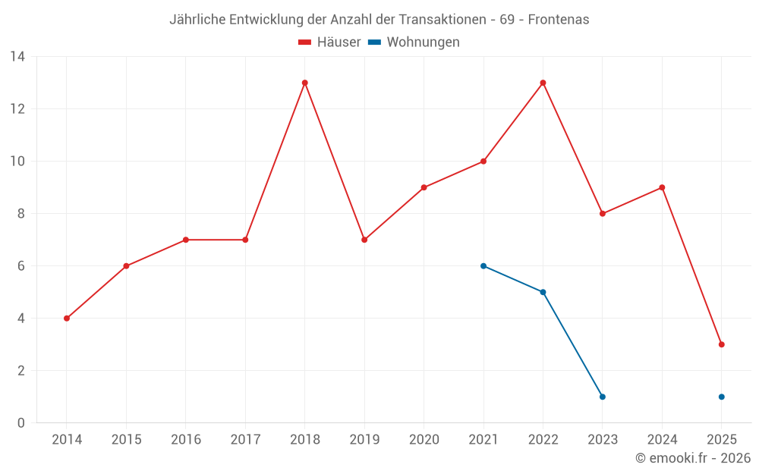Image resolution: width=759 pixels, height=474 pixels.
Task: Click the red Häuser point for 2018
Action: [304, 83]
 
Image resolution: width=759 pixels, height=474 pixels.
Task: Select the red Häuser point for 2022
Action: [543, 83]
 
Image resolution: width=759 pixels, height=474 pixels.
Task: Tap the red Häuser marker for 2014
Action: [67, 319]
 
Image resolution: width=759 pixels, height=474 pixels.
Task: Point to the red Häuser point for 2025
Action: [721, 344]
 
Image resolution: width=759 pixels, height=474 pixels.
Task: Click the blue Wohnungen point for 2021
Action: [483, 266]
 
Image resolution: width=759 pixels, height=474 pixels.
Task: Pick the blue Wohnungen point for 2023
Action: [602, 397]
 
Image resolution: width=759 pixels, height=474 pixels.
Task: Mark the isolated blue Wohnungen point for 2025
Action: [721, 397]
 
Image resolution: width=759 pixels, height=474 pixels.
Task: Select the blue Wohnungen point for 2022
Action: [543, 292]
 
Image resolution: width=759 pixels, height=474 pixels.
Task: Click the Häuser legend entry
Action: [329, 42]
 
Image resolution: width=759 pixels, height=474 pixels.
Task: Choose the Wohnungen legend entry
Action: [414, 42]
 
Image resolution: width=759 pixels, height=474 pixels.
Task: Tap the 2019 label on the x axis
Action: [364, 440]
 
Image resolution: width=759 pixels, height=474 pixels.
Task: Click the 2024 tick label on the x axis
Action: [662, 440]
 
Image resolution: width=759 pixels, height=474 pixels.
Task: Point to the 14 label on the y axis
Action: [17, 57]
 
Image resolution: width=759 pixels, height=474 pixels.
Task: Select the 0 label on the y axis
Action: [21, 423]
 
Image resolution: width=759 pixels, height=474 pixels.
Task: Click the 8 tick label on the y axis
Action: [21, 214]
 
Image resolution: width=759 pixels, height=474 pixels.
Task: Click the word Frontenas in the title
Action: [558, 20]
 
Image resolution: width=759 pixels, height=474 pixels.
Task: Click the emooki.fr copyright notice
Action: [692, 458]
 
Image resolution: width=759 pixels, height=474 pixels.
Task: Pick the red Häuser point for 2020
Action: [424, 187]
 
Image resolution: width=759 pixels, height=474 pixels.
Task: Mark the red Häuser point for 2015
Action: [126, 266]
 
